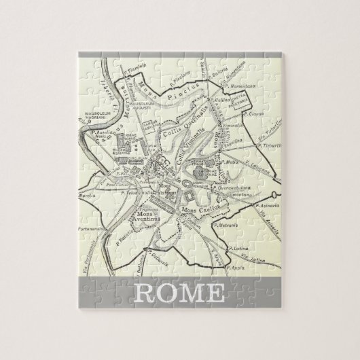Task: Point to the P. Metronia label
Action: pos(223,224)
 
